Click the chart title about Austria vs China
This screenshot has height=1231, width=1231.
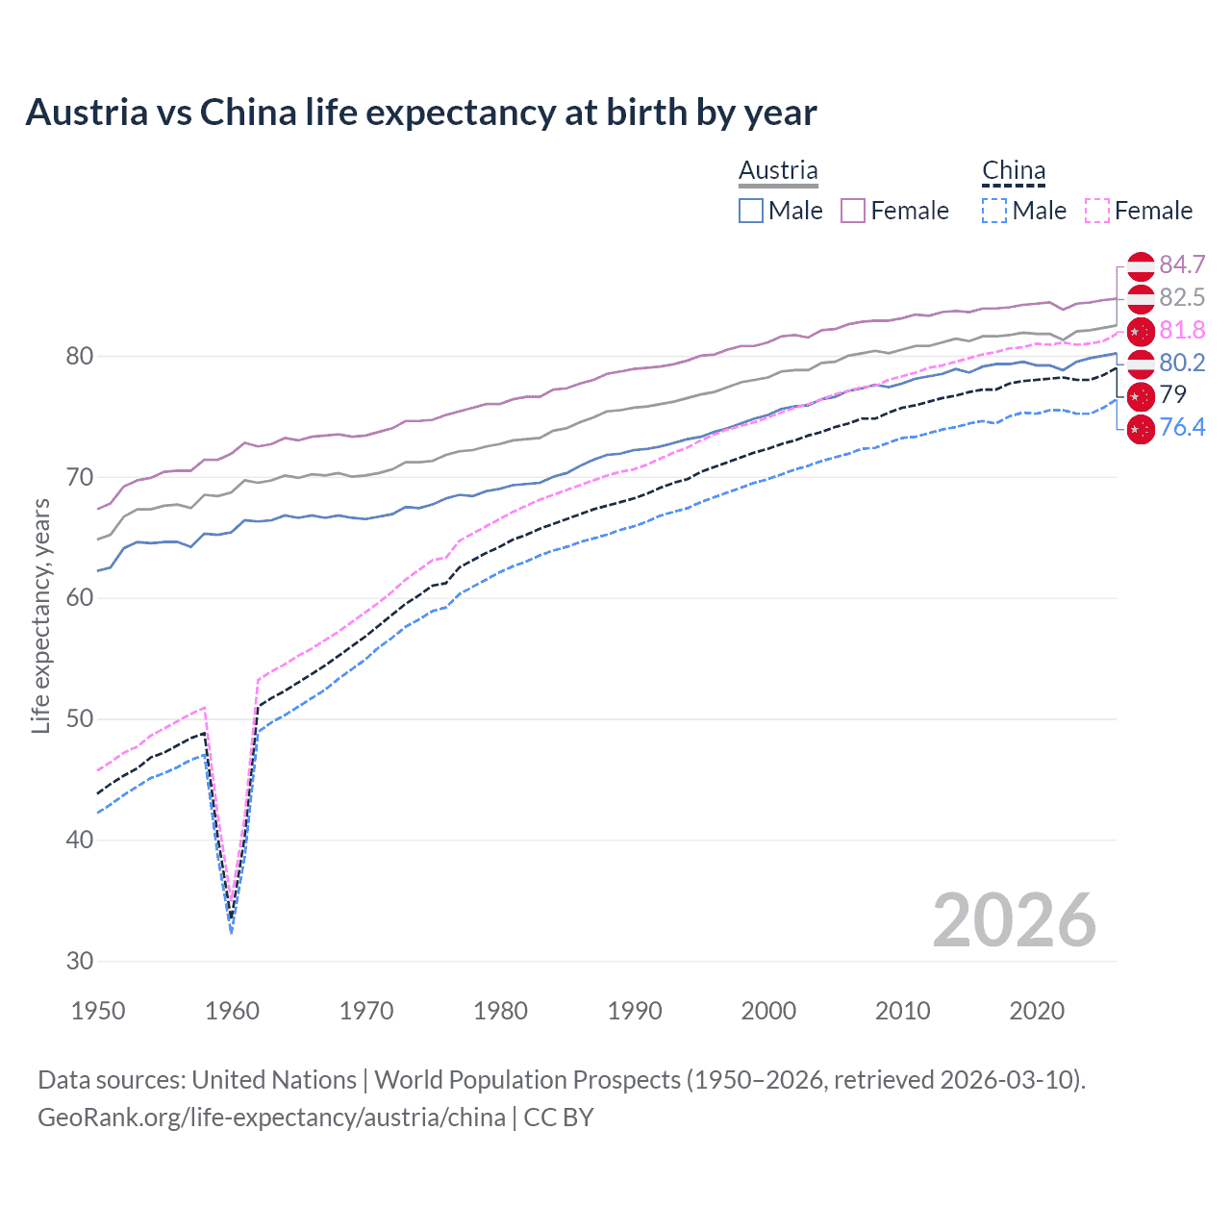pos(421,113)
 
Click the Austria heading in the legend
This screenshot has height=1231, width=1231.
pos(778,170)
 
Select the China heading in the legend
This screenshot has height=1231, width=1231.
pos(1013,170)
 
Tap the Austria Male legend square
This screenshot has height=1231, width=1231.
pos(751,211)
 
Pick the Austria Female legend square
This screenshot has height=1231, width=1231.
pos(853,211)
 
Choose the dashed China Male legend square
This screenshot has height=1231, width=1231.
pos(994,211)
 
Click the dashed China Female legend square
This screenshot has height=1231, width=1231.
pos(1097,211)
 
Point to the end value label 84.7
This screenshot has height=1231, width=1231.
pos(1182,264)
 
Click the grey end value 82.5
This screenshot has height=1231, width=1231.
pos(1182,297)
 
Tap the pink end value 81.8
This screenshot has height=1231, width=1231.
pos(1182,330)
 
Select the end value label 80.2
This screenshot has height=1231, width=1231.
pos(1182,363)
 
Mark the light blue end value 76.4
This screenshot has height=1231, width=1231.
pos(1182,427)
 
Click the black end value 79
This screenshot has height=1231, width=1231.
pos(1173,394)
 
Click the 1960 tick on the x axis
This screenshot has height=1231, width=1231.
pos(233,1011)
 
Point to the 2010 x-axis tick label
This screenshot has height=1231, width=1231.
pos(902,1011)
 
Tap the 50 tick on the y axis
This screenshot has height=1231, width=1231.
pos(80,719)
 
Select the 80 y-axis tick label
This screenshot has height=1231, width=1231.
pos(80,357)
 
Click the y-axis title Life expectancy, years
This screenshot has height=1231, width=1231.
pos(40,615)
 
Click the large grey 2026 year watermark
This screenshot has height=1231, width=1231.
pos(1014,920)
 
